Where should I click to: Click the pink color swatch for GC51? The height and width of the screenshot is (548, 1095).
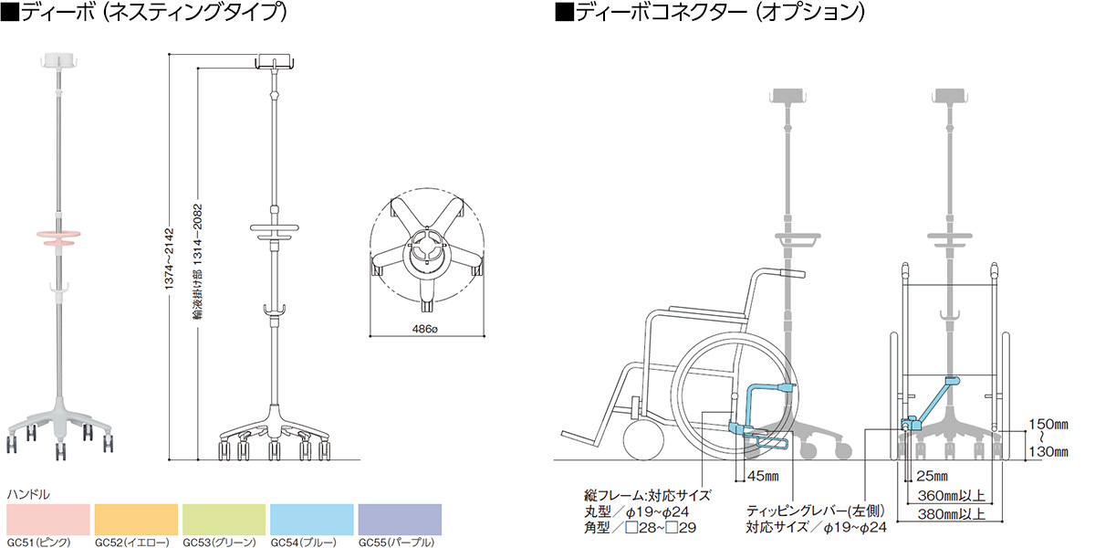point(48,520)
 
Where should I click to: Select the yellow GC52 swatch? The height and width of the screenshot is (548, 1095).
point(136,520)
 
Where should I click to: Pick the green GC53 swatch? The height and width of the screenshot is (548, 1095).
point(224,520)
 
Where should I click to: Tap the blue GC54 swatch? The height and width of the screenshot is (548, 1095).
point(312,520)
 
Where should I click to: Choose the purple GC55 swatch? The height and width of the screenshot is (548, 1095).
point(400,520)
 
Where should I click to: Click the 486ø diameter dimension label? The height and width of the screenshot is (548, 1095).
point(424,330)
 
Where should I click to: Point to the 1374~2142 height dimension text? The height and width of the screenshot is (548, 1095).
point(169,258)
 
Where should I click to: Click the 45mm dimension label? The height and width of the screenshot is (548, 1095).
point(763,476)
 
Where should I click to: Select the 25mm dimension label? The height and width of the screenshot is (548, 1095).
point(932,476)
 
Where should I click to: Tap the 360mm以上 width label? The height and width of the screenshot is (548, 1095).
point(951,496)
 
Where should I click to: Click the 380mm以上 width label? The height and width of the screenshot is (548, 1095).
point(951,514)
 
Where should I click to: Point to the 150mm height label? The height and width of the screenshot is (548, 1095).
point(1048,424)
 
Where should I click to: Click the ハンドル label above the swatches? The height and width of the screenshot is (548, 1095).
point(28,495)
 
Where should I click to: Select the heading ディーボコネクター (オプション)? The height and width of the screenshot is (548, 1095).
point(710,12)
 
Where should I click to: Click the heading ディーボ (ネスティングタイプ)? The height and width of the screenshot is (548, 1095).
point(144,12)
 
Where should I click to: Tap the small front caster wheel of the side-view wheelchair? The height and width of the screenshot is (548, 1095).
point(644,439)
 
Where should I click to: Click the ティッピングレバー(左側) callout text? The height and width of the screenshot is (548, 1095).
point(816,511)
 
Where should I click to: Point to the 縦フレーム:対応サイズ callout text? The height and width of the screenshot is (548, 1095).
point(647,496)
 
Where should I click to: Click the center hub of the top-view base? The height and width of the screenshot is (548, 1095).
point(428,250)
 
